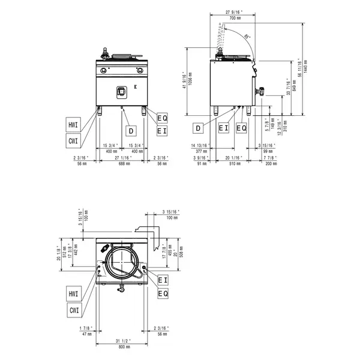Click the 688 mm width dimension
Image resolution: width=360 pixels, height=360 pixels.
coord(122,163)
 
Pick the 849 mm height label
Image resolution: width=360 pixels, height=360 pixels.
coord(294,82)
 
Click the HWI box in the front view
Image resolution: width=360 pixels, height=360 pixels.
coord(73,125)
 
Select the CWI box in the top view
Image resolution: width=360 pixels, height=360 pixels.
coord(73,310)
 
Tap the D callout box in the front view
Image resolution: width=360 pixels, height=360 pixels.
coord(130,130)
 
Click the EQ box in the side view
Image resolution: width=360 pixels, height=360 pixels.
coord(241,128)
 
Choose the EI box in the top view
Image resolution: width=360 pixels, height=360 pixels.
coord(162,280)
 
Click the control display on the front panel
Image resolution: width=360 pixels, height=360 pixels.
coord(121,90)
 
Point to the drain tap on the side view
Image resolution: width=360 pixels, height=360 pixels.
coord(262,92)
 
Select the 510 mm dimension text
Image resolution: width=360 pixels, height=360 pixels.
coord(236,163)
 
